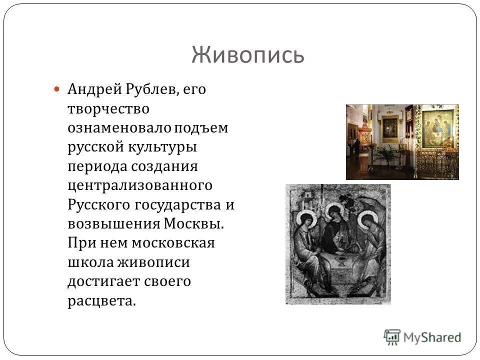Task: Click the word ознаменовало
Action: [x=119, y=127]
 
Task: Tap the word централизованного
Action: [x=140, y=185]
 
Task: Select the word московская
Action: [x=173, y=243]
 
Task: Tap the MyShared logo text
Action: [x=432, y=337]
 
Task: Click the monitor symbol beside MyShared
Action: [x=392, y=336]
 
